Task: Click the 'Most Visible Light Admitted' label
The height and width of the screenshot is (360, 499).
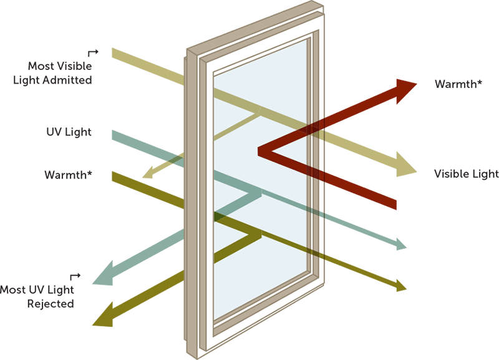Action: click(60, 73)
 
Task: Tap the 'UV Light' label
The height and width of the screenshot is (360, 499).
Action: click(69, 132)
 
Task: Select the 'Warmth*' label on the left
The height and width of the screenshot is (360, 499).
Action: click(68, 174)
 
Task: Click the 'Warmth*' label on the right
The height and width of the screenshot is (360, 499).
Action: click(458, 84)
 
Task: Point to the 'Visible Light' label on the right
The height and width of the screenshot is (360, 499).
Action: click(466, 174)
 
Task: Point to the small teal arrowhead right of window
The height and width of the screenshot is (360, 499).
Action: click(400, 244)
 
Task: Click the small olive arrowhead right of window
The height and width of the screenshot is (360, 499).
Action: click(400, 286)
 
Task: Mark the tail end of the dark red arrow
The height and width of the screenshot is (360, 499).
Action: click(394, 203)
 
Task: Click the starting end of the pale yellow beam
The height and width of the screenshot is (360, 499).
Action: click(115, 53)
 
